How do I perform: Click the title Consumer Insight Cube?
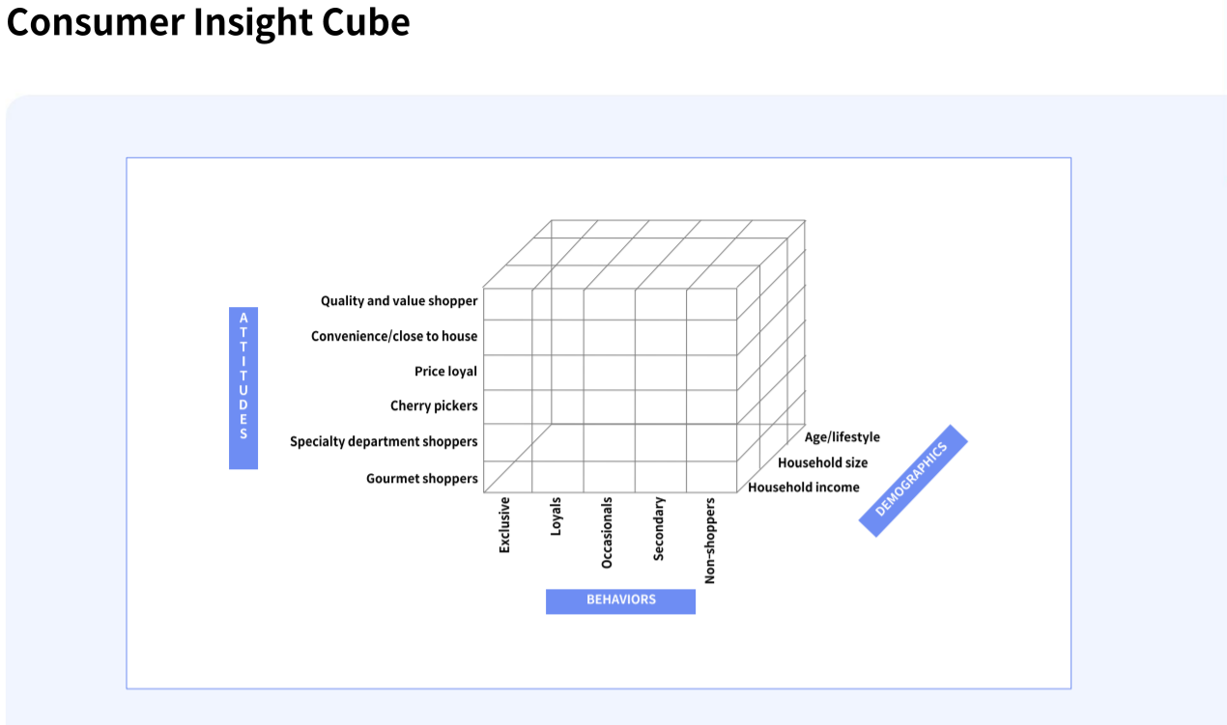pyautogui.click(x=208, y=22)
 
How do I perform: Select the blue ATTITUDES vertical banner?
pyautogui.click(x=243, y=388)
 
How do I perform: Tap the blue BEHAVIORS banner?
pyautogui.click(x=620, y=600)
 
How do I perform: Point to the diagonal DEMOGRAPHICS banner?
pyautogui.click(x=913, y=480)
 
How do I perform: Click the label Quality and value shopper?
pyautogui.click(x=399, y=301)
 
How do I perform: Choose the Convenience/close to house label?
pyautogui.click(x=394, y=336)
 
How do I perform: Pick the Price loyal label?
pyautogui.click(x=445, y=371)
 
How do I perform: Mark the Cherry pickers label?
pyautogui.click(x=434, y=405)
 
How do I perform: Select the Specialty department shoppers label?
pyautogui.click(x=384, y=441)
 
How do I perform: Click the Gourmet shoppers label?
pyautogui.click(x=421, y=478)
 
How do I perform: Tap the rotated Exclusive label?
pyautogui.click(x=504, y=525)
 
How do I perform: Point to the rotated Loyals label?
pyautogui.click(x=556, y=516)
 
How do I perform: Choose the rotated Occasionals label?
pyautogui.click(x=607, y=532)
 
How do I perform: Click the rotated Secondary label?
pyautogui.click(x=659, y=529)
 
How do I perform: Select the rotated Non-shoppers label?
pyautogui.click(x=710, y=541)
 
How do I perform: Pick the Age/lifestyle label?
pyautogui.click(x=842, y=437)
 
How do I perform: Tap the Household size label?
pyautogui.click(x=822, y=462)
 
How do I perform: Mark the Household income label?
pyautogui.click(x=803, y=488)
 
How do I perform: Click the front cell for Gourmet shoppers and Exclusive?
pyautogui.click(x=508, y=477)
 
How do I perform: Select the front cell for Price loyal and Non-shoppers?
pyautogui.click(x=711, y=372)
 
